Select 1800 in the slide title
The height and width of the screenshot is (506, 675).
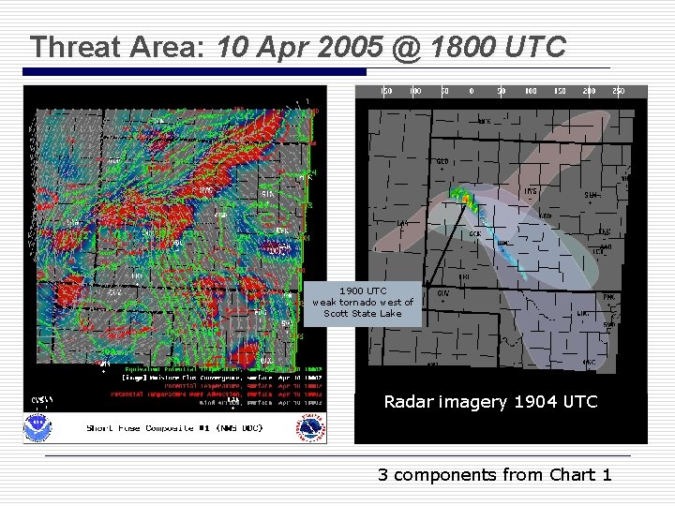pyautogui.click(x=453, y=47)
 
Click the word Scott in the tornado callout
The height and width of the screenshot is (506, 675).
pyautogui.click(x=336, y=313)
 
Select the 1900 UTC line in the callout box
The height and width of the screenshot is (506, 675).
pyautogui.click(x=363, y=290)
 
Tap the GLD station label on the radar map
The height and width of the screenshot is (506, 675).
pyautogui.click(x=442, y=161)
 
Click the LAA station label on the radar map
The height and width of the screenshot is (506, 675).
pyautogui.click(x=401, y=223)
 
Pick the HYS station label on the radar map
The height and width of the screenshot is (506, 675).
pyautogui.click(x=531, y=191)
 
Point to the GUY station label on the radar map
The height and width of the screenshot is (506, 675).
pyautogui.click(x=442, y=292)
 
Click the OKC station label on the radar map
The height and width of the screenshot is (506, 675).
pyautogui.click(x=589, y=362)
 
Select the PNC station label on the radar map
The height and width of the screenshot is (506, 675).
pyautogui.click(x=608, y=297)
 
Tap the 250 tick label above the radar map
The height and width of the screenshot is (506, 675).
pyautogui.click(x=618, y=91)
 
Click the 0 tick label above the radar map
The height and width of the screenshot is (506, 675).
pyautogui.click(x=472, y=91)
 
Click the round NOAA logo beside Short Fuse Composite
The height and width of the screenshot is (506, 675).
pyautogui.click(x=39, y=426)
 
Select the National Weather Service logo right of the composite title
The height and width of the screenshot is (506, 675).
pyautogui.click(x=311, y=427)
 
